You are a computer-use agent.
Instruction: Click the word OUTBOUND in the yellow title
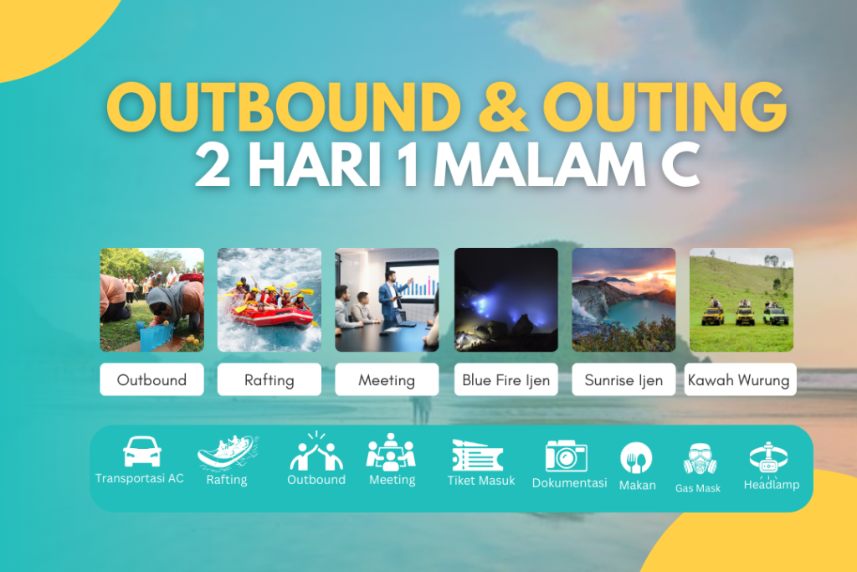(285, 106)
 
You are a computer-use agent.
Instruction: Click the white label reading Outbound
(151, 379)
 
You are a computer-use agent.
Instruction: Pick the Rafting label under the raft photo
(269, 379)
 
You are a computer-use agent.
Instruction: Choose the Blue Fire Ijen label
(505, 379)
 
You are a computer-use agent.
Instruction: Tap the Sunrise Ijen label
(624, 379)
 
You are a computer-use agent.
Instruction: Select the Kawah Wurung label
(738, 379)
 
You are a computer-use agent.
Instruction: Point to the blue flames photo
(505, 299)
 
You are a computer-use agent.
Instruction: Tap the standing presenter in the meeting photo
(389, 297)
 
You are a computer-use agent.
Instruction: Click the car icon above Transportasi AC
(141, 452)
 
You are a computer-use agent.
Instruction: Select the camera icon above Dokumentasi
(566, 456)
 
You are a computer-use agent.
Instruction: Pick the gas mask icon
(699, 460)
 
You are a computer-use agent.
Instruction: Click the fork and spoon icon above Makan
(636, 458)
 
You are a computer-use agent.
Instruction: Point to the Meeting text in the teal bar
(392, 480)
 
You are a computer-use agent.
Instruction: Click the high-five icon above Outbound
(316, 453)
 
